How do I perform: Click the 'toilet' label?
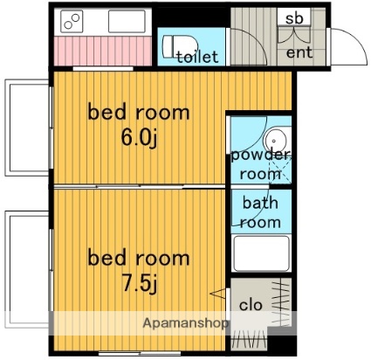coord(197,57)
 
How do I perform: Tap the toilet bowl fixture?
coord(180,45)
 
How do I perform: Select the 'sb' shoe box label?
coord(294,18)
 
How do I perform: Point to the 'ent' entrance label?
coord(299,52)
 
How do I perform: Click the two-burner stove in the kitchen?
coord(72,21)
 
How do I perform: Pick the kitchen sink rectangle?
coord(127,21)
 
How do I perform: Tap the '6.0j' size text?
coord(139,138)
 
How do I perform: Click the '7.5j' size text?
coord(140,283)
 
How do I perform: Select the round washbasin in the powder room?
coord(274,141)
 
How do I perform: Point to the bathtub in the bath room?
coord(262,253)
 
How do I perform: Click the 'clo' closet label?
coord(251,305)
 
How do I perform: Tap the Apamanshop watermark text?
coord(185,323)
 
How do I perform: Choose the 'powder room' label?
coord(261,164)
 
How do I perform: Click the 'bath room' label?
coord(260,212)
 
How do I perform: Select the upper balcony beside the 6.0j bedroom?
coord(28,128)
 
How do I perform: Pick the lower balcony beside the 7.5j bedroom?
coord(28,269)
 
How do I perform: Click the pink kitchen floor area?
coord(103,52)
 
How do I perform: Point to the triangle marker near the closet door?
coord(217,294)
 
